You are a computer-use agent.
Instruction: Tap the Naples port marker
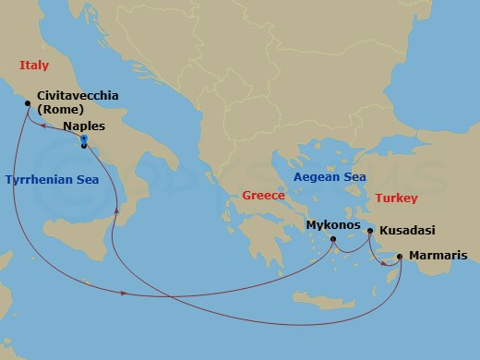pos(84,146)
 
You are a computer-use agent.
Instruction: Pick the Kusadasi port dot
pos(370,231)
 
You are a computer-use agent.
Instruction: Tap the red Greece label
pos(261,196)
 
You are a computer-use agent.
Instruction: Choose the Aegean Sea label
pos(330,177)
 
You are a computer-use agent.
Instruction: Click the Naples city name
pos(84,126)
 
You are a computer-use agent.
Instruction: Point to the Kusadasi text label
pos(406,231)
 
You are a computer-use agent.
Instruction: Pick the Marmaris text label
pos(438,256)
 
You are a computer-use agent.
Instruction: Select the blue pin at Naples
pos(83,138)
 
